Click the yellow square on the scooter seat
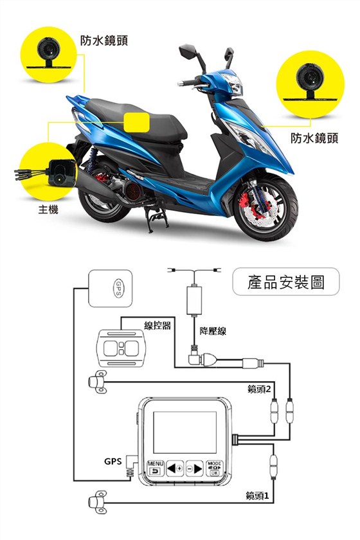point(136,122)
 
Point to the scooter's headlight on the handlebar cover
point(232,84)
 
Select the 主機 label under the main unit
point(48,209)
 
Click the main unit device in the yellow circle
point(62,173)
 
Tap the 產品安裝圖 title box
point(286,282)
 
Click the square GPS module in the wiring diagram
point(110,288)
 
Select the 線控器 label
point(157,325)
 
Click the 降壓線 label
point(213,331)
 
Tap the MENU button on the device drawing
point(156,469)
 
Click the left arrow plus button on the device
point(175,469)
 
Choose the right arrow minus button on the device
point(195,469)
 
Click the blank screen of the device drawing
point(185,432)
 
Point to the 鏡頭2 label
point(259,389)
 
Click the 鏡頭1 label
point(257,496)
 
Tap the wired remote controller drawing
point(122,348)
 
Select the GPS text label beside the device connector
point(113,461)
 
